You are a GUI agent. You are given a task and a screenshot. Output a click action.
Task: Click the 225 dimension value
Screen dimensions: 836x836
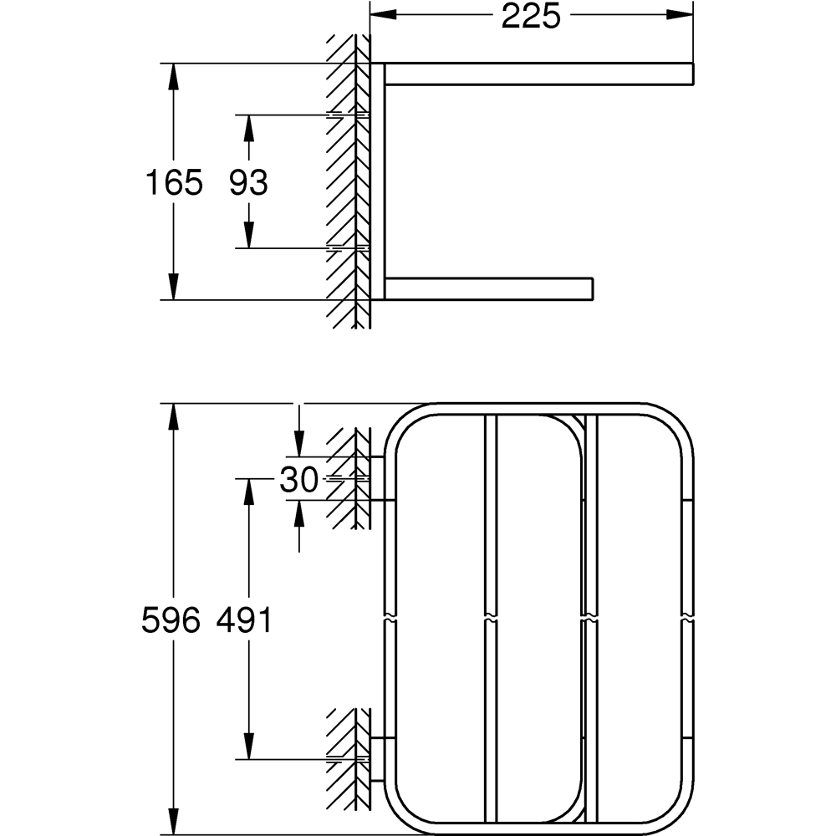[x=531, y=16]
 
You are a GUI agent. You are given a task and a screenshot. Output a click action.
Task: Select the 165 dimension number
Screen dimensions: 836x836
[x=174, y=181]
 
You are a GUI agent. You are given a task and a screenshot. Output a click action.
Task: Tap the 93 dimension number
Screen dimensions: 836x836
[x=248, y=181]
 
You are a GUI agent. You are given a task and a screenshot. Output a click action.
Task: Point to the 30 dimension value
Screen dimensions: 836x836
[x=298, y=480]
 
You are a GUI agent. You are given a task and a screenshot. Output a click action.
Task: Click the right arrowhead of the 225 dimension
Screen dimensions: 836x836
[x=681, y=15]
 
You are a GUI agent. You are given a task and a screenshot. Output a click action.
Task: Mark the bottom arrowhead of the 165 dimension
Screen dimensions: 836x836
[x=173, y=287]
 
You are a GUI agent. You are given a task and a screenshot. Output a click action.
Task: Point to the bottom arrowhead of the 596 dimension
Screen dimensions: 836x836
[x=173, y=821]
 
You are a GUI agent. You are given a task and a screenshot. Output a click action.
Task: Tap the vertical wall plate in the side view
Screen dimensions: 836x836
[x=378, y=181]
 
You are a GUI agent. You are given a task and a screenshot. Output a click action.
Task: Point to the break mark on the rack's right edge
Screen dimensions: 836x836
[x=687, y=620]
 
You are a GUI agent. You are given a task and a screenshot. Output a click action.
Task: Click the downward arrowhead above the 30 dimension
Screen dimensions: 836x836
[x=299, y=441]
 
